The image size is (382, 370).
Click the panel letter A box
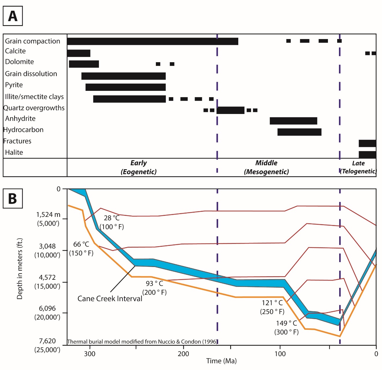pos(13,16)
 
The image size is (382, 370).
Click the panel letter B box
pos(13,198)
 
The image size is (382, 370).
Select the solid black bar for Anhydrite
pos(293,121)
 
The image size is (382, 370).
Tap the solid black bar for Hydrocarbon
pos(299,132)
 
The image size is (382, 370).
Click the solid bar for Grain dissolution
pos(123,76)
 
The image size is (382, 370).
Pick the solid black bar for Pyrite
pos(126,87)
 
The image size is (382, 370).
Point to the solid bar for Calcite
pos(79,53)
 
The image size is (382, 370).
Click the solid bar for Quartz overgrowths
pos(230,110)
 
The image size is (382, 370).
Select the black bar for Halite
pos(367,154)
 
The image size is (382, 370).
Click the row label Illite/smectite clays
pos(34,97)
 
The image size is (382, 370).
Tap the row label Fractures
pos(17,141)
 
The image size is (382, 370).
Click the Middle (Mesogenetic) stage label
pos(266,167)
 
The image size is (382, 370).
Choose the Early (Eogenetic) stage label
pos(139,167)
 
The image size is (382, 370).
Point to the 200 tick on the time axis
pos(183,354)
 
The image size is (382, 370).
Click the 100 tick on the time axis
pos(280,354)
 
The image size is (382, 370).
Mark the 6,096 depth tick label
pos(47,309)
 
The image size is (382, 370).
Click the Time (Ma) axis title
pos(221,361)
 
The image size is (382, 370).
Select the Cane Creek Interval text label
pos(110,299)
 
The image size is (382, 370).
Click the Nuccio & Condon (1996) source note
pos(142,342)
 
